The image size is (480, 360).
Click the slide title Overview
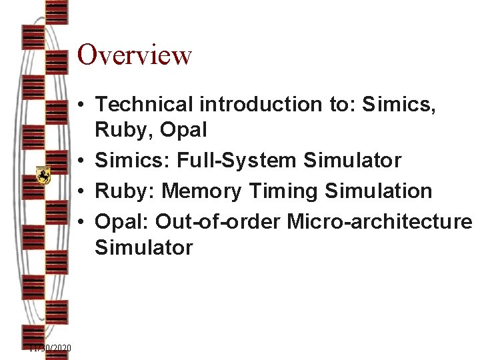click(135, 55)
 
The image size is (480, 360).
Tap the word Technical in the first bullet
click(141, 105)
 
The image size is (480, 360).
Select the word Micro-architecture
click(379, 221)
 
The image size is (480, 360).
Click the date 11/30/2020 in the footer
click(50, 349)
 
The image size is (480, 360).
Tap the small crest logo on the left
click(44, 175)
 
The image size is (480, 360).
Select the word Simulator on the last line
click(144, 248)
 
